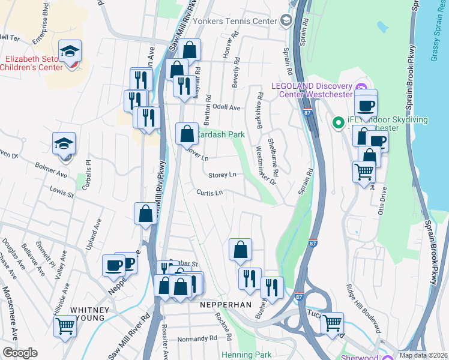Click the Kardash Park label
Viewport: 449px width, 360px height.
(x=220, y=135)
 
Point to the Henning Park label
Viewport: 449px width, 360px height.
(x=247, y=355)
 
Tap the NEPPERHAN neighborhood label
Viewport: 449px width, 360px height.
(x=225, y=305)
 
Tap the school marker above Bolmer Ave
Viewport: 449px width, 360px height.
(x=64, y=144)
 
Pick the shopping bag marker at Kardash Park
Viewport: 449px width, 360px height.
(x=187, y=133)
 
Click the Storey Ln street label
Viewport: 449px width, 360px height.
(x=222, y=175)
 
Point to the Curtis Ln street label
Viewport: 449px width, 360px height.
(x=209, y=193)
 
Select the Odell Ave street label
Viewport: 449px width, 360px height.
(x=226, y=107)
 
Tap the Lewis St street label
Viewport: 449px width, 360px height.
(x=61, y=194)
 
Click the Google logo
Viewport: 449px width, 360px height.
(x=20, y=353)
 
